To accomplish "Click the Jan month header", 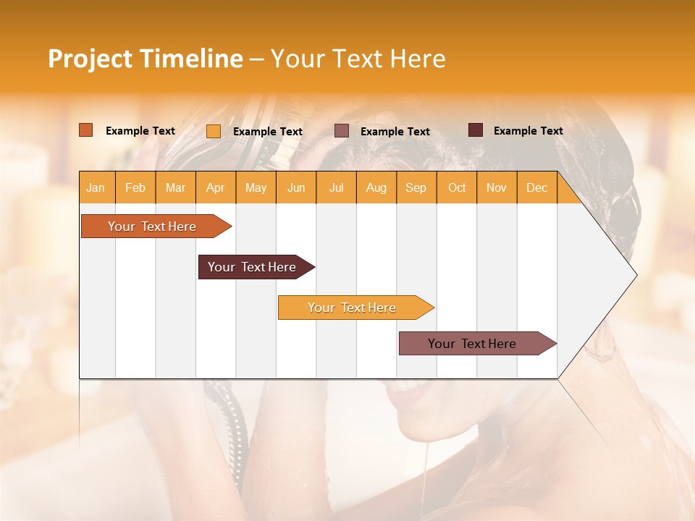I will click(96, 187).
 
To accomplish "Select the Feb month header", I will click(135, 187).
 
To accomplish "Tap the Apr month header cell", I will click(216, 187).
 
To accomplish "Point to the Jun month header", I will click(296, 187).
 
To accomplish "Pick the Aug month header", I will click(376, 187).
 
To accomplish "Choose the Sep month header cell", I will click(416, 187).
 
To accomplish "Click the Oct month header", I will click(457, 187).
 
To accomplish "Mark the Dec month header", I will click(537, 187).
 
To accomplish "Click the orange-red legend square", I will click(86, 130).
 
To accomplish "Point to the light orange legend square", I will click(214, 131).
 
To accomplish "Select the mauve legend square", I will click(342, 130).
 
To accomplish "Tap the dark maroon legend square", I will click(476, 130).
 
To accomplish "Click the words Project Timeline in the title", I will click(146, 59).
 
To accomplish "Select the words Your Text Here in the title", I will click(358, 59).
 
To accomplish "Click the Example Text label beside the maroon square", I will click(528, 131).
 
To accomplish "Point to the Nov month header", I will click(497, 187).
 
